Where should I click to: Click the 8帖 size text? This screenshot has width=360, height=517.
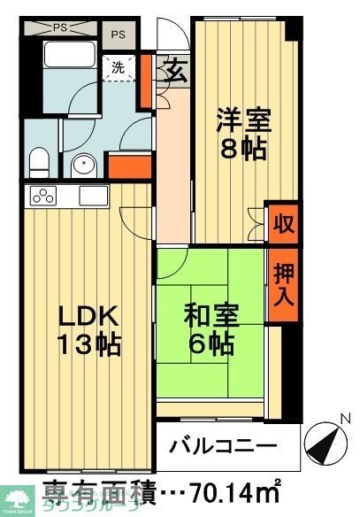241,150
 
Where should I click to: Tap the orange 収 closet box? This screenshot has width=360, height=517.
281,221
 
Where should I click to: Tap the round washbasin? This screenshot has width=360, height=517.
82,165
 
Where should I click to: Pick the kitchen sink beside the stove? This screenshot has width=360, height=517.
93,195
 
